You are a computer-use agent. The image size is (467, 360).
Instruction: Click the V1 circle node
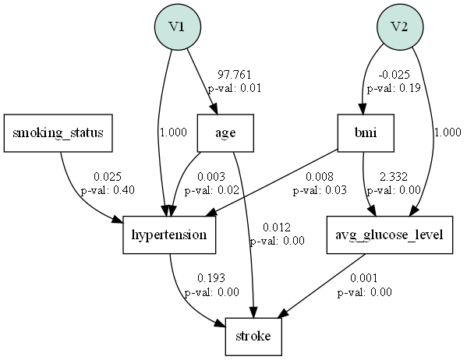pyautogui.click(x=177, y=26)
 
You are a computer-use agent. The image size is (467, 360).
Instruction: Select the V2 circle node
pyautogui.click(x=400, y=26)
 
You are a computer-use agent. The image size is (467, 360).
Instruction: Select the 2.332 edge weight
pyautogui.click(x=394, y=178)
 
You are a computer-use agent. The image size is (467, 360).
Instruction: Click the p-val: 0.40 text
pyautogui.click(x=108, y=190)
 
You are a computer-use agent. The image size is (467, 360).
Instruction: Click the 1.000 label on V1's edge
pyautogui.click(x=173, y=132)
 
